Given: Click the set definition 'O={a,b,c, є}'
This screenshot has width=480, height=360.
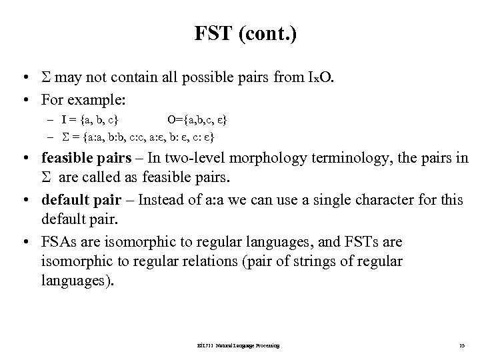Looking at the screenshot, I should (197, 120).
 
